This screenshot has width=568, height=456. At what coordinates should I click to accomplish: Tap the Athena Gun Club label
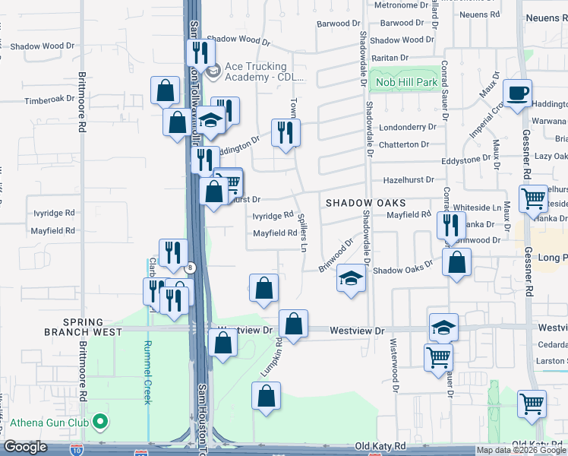point(52,423)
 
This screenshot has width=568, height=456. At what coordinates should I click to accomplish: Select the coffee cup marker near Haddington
point(519,93)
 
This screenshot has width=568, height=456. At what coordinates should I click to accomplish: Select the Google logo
point(25,447)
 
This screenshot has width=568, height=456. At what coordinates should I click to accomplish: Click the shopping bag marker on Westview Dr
point(293,325)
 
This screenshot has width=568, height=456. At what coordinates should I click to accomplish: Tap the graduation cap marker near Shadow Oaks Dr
point(352,279)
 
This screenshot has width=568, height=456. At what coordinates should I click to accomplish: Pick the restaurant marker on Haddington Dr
point(286,133)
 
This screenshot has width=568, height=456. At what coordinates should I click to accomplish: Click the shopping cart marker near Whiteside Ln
point(533,199)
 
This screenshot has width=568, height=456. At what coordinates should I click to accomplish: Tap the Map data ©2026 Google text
point(521,450)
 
